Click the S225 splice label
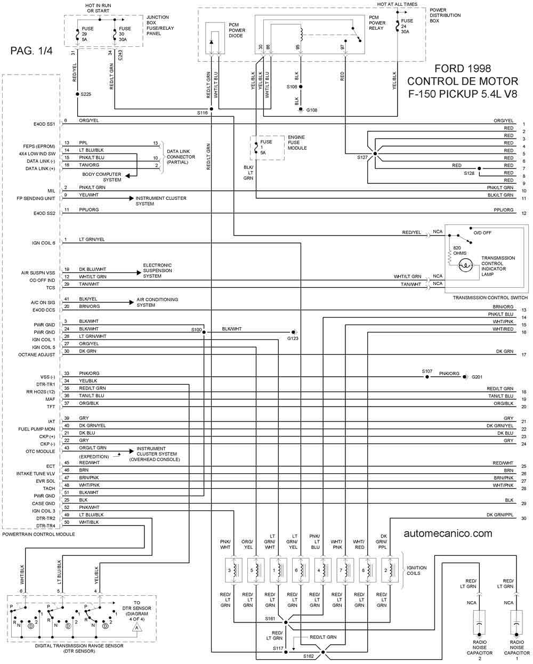(86, 94)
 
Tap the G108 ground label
(311, 110)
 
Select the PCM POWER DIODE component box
(215, 38)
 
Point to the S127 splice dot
(375, 153)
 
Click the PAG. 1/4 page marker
(31, 51)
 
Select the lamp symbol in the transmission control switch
(465, 265)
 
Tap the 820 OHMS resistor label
(459, 250)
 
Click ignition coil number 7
(345, 570)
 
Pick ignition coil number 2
(390, 570)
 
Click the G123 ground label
(293, 338)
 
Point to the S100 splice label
(196, 329)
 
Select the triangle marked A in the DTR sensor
(137, 627)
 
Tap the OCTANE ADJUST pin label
(36, 354)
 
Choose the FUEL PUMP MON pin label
(36, 429)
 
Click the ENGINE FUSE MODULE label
(297, 142)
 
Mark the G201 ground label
(477, 377)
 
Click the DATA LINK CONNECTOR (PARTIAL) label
(181, 157)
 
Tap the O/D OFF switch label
(482, 233)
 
